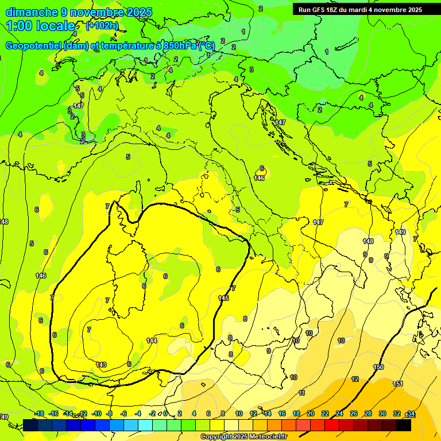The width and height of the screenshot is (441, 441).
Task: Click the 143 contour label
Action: pos(101,365)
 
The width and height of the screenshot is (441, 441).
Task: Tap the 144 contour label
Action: pos(152,341)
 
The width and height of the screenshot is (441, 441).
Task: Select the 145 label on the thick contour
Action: pos(224,297)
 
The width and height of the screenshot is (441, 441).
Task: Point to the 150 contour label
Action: pos(378,367)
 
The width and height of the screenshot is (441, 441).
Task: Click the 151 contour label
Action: pos(397,384)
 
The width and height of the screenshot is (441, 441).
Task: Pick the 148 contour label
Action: pos(368,241)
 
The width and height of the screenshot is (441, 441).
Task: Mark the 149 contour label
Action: pos(400,232)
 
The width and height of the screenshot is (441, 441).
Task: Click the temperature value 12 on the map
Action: pos(355,379)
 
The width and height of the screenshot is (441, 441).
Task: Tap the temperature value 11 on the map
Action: pos(301,393)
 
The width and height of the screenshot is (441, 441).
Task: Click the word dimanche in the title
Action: pos(32,12)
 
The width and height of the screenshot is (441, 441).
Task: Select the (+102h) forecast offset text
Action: pos(102,26)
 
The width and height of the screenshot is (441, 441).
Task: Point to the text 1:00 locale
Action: pos(40,26)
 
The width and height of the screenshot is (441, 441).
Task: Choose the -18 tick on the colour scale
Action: pos(40,413)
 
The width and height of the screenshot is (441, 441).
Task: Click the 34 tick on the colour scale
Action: pos(411,413)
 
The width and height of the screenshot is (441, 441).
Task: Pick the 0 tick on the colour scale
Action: pos(165,413)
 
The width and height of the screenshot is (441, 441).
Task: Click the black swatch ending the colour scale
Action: pos(404,425)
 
